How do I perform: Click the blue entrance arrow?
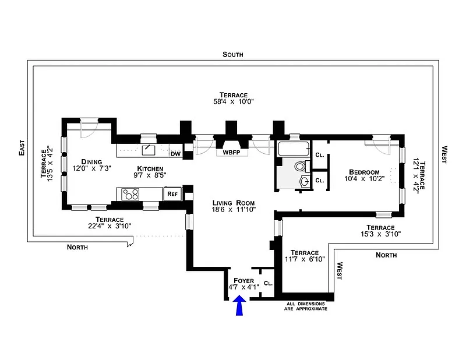pyautogui.click(x=239, y=305)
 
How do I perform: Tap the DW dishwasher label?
pyautogui.click(x=176, y=154)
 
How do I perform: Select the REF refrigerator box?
pyautogui.click(x=172, y=194)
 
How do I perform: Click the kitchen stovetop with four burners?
pyautogui.click(x=130, y=195)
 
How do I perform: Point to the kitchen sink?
pyautogui.click(x=149, y=150)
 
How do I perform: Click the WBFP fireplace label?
pyautogui.click(x=231, y=153)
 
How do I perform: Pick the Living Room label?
pyautogui.click(x=234, y=203)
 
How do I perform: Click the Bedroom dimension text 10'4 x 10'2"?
pyautogui.click(x=365, y=179)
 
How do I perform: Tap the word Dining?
pyautogui.click(x=91, y=162)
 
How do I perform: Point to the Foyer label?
pyautogui.click(x=243, y=281)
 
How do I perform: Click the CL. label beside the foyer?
pyautogui.click(x=268, y=283)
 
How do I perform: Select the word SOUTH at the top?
pyautogui.click(x=233, y=54)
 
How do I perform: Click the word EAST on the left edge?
pyautogui.click(x=22, y=148)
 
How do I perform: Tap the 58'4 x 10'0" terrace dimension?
pyautogui.click(x=234, y=102)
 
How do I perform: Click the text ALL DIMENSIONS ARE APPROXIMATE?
pyautogui.click(x=305, y=306)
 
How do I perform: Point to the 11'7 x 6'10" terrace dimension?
pyautogui.click(x=305, y=259)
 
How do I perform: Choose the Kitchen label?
pyautogui.click(x=150, y=168)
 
